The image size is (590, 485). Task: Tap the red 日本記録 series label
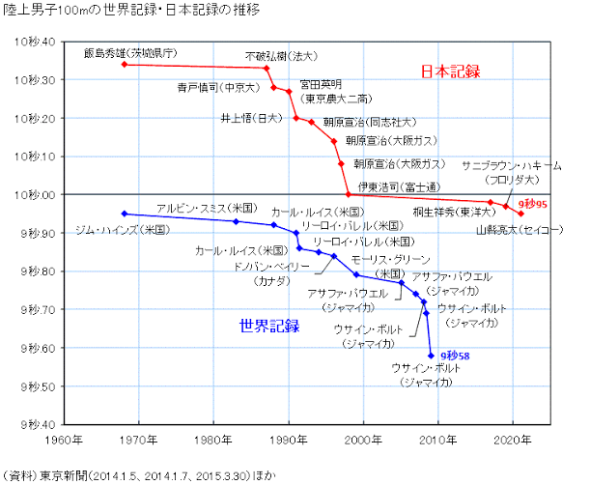[450, 71]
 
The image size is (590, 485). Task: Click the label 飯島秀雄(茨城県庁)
[136, 53]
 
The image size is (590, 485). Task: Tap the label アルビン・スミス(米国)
[206, 208]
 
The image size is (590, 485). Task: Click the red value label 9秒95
[533, 205]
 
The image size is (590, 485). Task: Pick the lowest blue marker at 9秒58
[431, 356]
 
